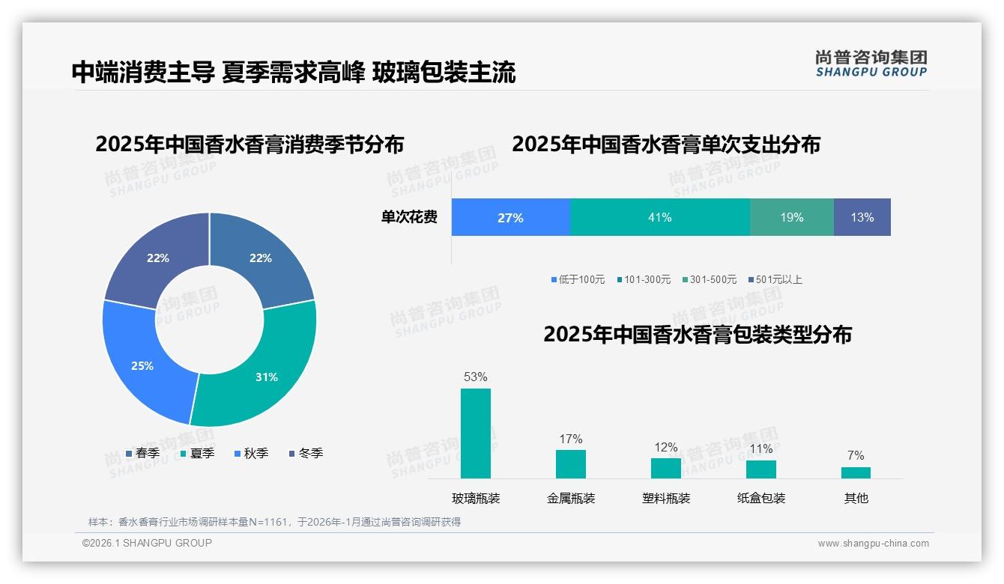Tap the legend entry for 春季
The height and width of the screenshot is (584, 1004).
click(x=142, y=453)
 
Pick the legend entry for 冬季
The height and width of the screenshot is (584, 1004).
click(x=306, y=453)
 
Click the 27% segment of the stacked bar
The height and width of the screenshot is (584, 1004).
click(x=510, y=218)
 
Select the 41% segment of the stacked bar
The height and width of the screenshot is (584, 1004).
click(x=659, y=218)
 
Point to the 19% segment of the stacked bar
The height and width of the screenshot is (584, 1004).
click(x=791, y=218)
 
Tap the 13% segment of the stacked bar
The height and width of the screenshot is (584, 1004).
click(x=862, y=218)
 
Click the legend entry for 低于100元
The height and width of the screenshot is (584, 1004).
click(x=578, y=279)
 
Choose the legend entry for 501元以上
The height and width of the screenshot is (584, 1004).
click(x=775, y=279)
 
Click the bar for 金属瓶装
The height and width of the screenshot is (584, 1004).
click(x=571, y=463)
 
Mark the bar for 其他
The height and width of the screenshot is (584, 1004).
click(x=856, y=472)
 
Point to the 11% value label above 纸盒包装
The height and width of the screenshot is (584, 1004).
click(x=760, y=449)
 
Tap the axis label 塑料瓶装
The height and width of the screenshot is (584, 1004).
click(x=666, y=498)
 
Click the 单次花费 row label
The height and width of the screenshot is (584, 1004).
click(x=409, y=218)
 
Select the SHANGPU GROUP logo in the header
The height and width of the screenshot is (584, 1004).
click(x=871, y=64)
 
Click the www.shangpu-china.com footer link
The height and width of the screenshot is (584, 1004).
click(x=873, y=544)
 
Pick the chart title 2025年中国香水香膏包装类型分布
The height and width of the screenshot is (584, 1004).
click(x=698, y=335)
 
